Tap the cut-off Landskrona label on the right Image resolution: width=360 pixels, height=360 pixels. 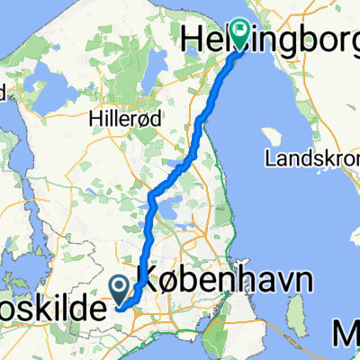[311, 158]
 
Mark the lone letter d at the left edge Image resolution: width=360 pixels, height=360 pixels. [3, 91]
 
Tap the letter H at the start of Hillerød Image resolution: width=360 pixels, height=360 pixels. [96, 118]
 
